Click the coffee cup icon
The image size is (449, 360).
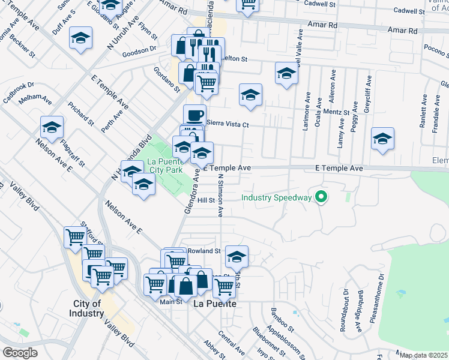(x=194, y=115)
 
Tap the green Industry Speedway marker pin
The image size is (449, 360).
(x=321, y=197)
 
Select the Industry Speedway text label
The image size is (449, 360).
(x=276, y=197)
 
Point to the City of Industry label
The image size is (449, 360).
(x=86, y=308)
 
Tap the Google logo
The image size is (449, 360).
(x=20, y=352)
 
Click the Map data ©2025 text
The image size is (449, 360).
(x=423, y=355)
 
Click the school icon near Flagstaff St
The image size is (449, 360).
(x=52, y=127)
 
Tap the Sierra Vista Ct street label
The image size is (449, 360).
(x=228, y=123)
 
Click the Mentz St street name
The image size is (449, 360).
(x=337, y=112)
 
